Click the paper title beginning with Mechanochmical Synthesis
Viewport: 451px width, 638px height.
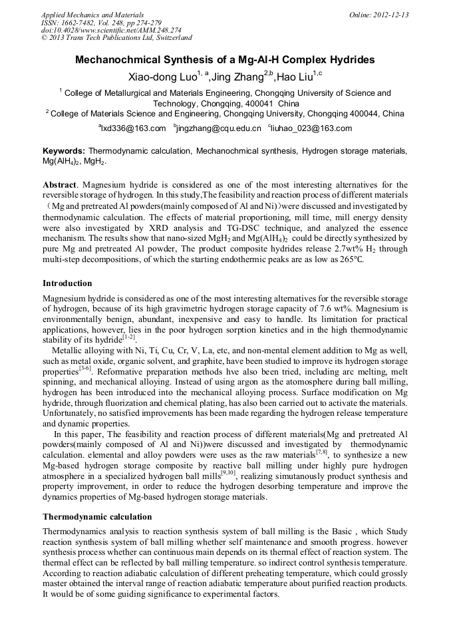(x=225, y=60)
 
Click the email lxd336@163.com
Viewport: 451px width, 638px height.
(x=133, y=128)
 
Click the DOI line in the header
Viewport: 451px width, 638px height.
(x=102, y=31)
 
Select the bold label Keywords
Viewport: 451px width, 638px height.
(x=64, y=151)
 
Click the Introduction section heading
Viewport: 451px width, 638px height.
(x=67, y=283)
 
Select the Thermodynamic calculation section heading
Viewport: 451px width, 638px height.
(x=97, y=516)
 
